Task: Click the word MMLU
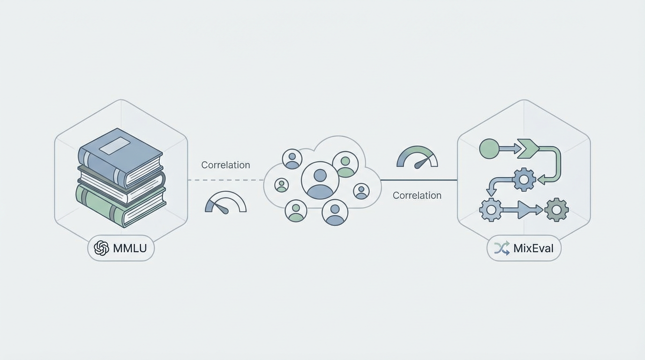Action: tap(130, 248)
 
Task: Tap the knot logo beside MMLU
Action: tap(101, 248)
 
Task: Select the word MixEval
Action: tap(533, 248)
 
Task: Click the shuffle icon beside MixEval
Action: tap(502, 248)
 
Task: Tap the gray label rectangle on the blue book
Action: tap(114, 146)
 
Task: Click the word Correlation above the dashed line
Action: tap(225, 165)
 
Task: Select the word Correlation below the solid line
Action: tap(417, 195)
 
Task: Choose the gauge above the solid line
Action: tap(417, 158)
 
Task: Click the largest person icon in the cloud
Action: tap(320, 180)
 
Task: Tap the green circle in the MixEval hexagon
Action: tap(489, 149)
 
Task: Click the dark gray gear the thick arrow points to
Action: tap(556, 210)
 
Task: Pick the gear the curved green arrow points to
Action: tap(524, 180)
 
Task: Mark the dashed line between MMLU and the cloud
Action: tap(225, 180)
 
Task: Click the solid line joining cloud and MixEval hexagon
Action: tap(419, 180)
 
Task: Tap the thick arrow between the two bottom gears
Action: tap(523, 210)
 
